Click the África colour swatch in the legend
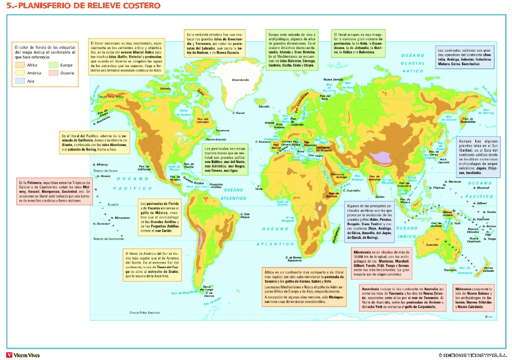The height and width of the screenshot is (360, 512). click(x=21, y=66)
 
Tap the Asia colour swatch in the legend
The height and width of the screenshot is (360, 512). click(x=21, y=81)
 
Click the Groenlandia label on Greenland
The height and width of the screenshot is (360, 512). click(x=241, y=80)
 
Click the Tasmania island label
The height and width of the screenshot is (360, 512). click(x=450, y=270)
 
